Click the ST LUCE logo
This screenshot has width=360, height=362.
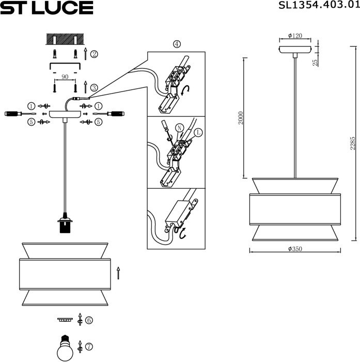47,7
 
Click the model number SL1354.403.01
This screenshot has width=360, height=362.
318,6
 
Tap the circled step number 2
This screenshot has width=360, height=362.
94,54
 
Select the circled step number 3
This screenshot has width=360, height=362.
94,88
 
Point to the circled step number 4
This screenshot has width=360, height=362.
177,44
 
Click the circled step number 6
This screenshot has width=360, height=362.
89,320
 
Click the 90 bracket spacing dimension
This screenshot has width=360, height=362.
65,77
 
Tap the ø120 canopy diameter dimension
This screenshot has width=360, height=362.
294,36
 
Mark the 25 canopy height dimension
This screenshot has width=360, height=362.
315,62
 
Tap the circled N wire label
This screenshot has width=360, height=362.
179,127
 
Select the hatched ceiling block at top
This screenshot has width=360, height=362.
65,39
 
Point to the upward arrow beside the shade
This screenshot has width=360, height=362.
119,273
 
